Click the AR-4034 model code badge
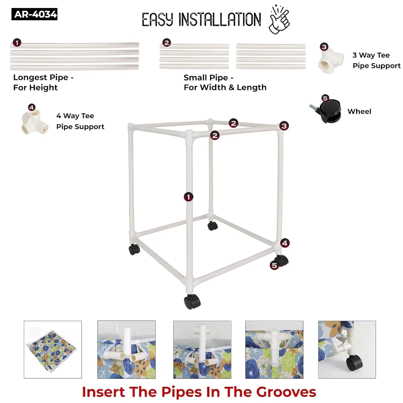(x=34, y=14)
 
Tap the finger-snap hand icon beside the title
(x=279, y=19)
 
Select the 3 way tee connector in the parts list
(x=331, y=61)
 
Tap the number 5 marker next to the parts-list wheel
(x=325, y=98)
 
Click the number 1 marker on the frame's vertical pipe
(x=188, y=197)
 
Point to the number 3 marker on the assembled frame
(x=284, y=126)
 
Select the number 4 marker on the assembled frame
(x=285, y=243)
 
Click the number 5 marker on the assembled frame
(x=274, y=265)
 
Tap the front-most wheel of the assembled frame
(x=192, y=301)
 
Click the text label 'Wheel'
(x=359, y=111)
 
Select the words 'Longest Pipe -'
(x=43, y=78)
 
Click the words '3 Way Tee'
(x=371, y=55)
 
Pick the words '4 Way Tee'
(x=75, y=116)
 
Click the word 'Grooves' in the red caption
(x=286, y=392)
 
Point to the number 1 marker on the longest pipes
(x=17, y=43)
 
